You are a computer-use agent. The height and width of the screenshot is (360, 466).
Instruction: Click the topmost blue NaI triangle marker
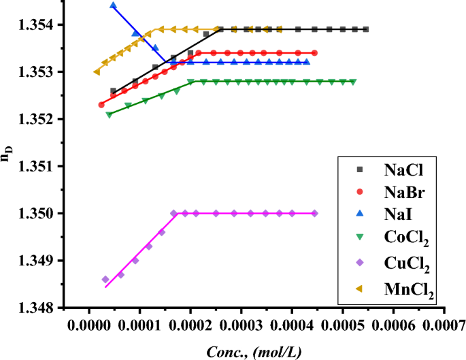[x=113, y=5]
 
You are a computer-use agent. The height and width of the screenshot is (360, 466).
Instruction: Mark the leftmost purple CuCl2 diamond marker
[x=105, y=279]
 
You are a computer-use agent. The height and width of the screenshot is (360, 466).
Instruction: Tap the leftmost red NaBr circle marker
[x=101, y=105]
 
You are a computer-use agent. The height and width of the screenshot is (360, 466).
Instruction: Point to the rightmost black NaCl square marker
[x=366, y=29]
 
